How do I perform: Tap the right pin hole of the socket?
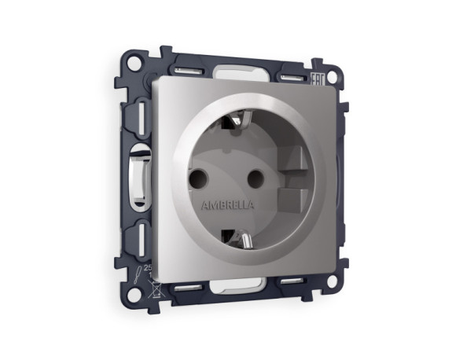254,178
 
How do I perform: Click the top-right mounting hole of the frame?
333,77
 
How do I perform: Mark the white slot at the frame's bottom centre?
236,284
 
